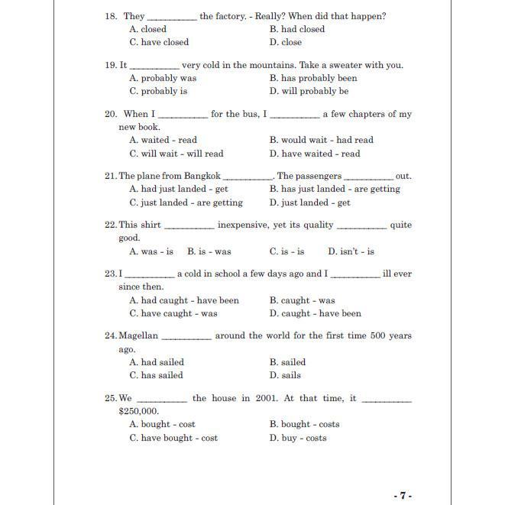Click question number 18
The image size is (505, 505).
(110, 16)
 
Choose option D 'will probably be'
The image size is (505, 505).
(309, 91)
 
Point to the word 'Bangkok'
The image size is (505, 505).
(202, 176)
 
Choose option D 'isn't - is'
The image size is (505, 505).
(351, 251)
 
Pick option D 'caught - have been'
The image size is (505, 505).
(315, 313)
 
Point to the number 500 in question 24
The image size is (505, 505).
(364, 335)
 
